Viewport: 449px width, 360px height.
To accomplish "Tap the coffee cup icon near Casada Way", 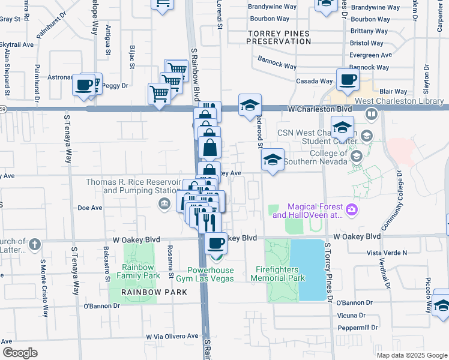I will (x=347, y=79).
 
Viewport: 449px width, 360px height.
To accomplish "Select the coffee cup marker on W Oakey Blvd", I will (x=216, y=243).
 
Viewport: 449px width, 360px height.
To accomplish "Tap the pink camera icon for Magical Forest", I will (x=352, y=209).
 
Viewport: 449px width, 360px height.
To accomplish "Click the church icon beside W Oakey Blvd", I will (x=35, y=244).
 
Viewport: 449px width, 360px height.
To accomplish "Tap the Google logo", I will (x=20, y=352).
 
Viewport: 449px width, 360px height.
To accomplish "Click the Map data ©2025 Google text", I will (x=411, y=355).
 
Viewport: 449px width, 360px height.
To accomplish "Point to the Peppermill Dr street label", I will (x=358, y=328).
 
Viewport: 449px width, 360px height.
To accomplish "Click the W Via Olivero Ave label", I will (x=172, y=337).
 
